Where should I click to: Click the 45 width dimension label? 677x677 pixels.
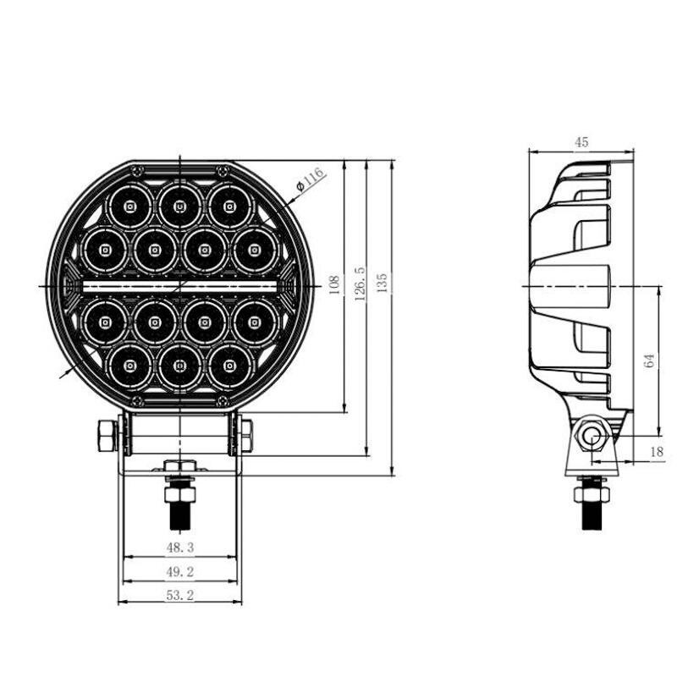pos(581,142)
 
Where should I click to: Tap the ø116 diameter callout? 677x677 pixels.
pos(310,179)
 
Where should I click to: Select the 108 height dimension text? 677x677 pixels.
pos(334,285)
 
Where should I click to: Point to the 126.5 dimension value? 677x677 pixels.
pos(361,283)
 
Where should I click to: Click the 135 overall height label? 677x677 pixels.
pos(383,283)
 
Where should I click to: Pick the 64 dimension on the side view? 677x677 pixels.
pos(649,361)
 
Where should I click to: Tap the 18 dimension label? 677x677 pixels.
pos(657,452)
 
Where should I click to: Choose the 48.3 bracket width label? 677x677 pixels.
pos(180,548)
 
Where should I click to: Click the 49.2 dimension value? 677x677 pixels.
pos(180,572)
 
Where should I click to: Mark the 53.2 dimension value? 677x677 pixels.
pos(180,595)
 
